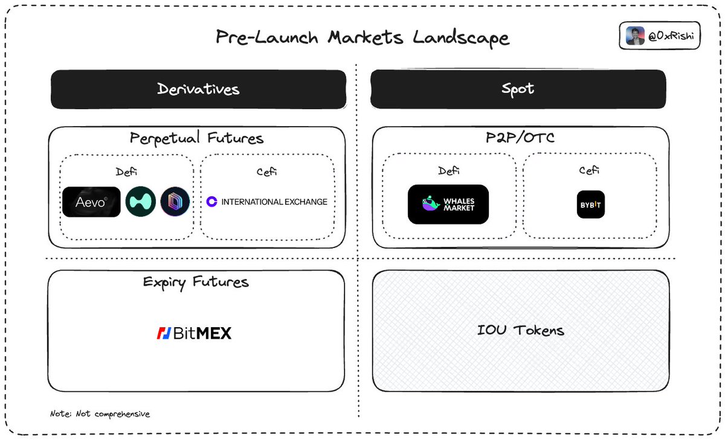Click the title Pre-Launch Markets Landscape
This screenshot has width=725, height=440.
pos(362,37)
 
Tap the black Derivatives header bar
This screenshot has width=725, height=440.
pos(198,89)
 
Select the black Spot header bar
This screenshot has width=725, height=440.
pos(518,89)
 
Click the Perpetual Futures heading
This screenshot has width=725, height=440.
pos(197,138)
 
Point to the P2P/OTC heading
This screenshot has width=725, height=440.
pos(520,138)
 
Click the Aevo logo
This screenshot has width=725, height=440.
pos(91,202)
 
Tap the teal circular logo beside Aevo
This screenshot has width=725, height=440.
pos(141,202)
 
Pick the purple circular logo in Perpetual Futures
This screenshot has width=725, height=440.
pos(175,202)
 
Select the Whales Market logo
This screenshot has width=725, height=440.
pos(448,204)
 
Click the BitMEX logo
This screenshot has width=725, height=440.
pos(194,333)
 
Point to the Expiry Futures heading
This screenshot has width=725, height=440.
pos(196,282)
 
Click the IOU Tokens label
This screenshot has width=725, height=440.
pos(520,330)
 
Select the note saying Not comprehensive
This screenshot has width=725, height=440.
pos(100,414)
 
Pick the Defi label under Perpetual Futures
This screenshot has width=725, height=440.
pos(127,172)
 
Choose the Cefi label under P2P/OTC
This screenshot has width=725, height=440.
pos(588,171)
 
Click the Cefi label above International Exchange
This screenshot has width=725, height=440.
pos(266,172)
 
